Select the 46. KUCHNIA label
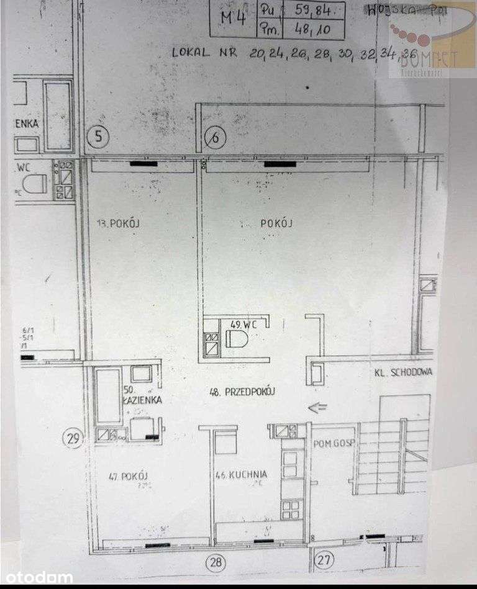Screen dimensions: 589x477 coord(241,475)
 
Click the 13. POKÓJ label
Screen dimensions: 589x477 coord(116,225)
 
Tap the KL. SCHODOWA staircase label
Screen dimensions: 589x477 coord(402,372)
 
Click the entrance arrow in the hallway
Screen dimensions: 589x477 coord(317,408)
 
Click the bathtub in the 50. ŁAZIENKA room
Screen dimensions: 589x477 coord(108,395)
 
